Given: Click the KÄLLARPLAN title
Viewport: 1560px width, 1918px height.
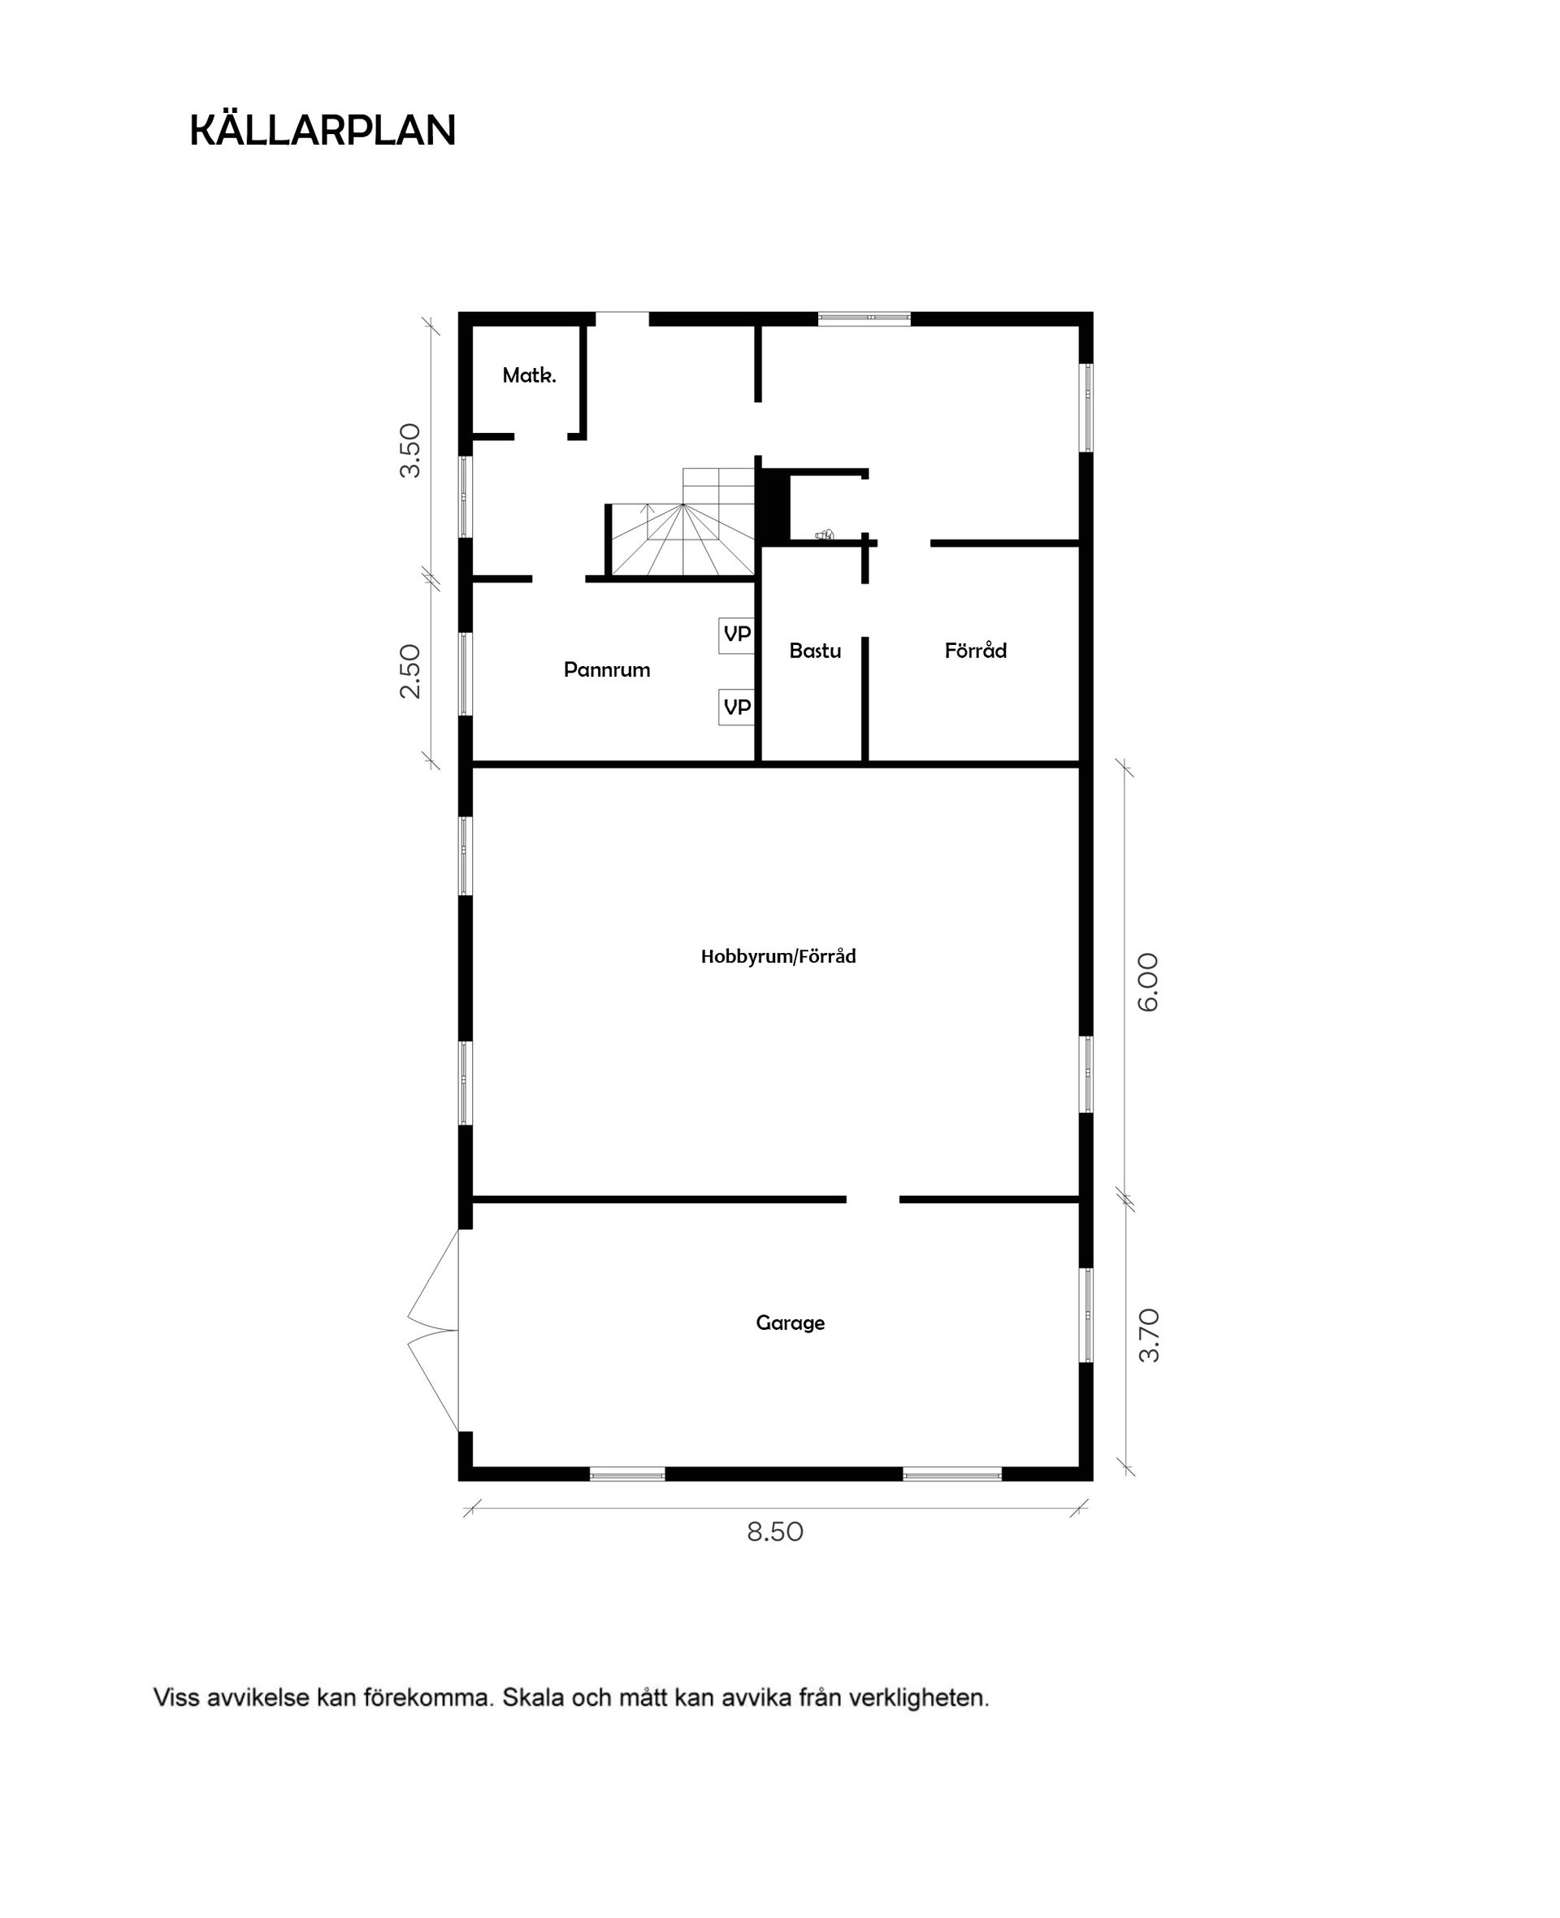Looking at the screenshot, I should coord(323,131).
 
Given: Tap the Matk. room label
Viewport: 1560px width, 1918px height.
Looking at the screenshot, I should coord(529,375).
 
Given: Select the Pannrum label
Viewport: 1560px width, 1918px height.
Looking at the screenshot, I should coord(607,669).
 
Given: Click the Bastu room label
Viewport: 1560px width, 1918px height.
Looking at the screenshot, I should coord(815,651).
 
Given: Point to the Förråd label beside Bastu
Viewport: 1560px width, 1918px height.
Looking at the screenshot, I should coord(975,651).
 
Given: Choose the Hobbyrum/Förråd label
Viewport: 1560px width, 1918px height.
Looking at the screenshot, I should coord(778,957).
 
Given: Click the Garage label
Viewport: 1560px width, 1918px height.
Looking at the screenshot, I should coord(790,1323).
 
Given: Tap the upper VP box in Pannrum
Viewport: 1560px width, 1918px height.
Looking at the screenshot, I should coord(737,634).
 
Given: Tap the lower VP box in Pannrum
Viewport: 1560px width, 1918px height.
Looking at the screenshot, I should coord(737,707).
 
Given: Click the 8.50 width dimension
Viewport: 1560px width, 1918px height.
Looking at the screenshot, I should coord(774,1531).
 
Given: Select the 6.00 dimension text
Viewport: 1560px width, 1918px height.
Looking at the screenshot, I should coord(1148,982).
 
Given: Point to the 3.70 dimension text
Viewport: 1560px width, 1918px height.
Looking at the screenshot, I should coord(1148,1336).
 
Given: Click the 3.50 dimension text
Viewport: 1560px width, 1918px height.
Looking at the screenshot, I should coord(409,450).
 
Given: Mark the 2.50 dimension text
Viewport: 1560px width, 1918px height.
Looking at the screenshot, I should coord(409,671).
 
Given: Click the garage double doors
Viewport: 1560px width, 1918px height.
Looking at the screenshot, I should coord(434,1331).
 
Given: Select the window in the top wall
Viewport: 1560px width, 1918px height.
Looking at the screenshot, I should coord(864,317).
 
